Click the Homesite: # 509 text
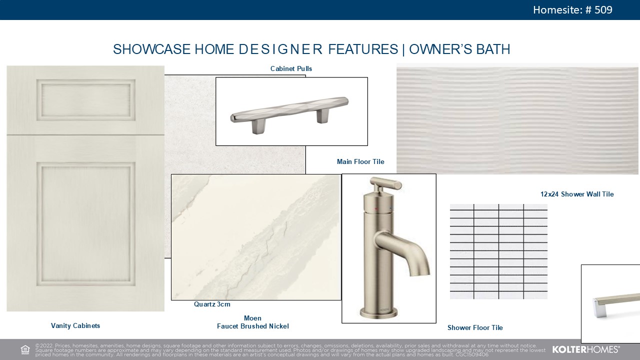click(x=572, y=10)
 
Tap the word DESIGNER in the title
click(x=280, y=49)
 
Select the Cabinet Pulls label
click(x=291, y=69)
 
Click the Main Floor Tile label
click(x=360, y=161)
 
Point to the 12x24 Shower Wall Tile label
click(x=577, y=194)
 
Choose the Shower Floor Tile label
click(x=475, y=327)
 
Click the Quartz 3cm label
click(x=212, y=304)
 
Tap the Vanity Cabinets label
click(x=75, y=325)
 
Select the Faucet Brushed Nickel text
click(x=253, y=326)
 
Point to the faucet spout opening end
click(x=420, y=273)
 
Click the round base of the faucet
click(x=378, y=313)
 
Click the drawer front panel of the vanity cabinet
click(x=85, y=99)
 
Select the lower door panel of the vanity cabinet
click(x=85, y=224)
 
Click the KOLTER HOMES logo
click(x=585, y=349)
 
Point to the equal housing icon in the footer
click(x=25, y=349)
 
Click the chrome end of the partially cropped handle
click(x=600, y=308)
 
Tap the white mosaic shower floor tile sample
click(x=498, y=251)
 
